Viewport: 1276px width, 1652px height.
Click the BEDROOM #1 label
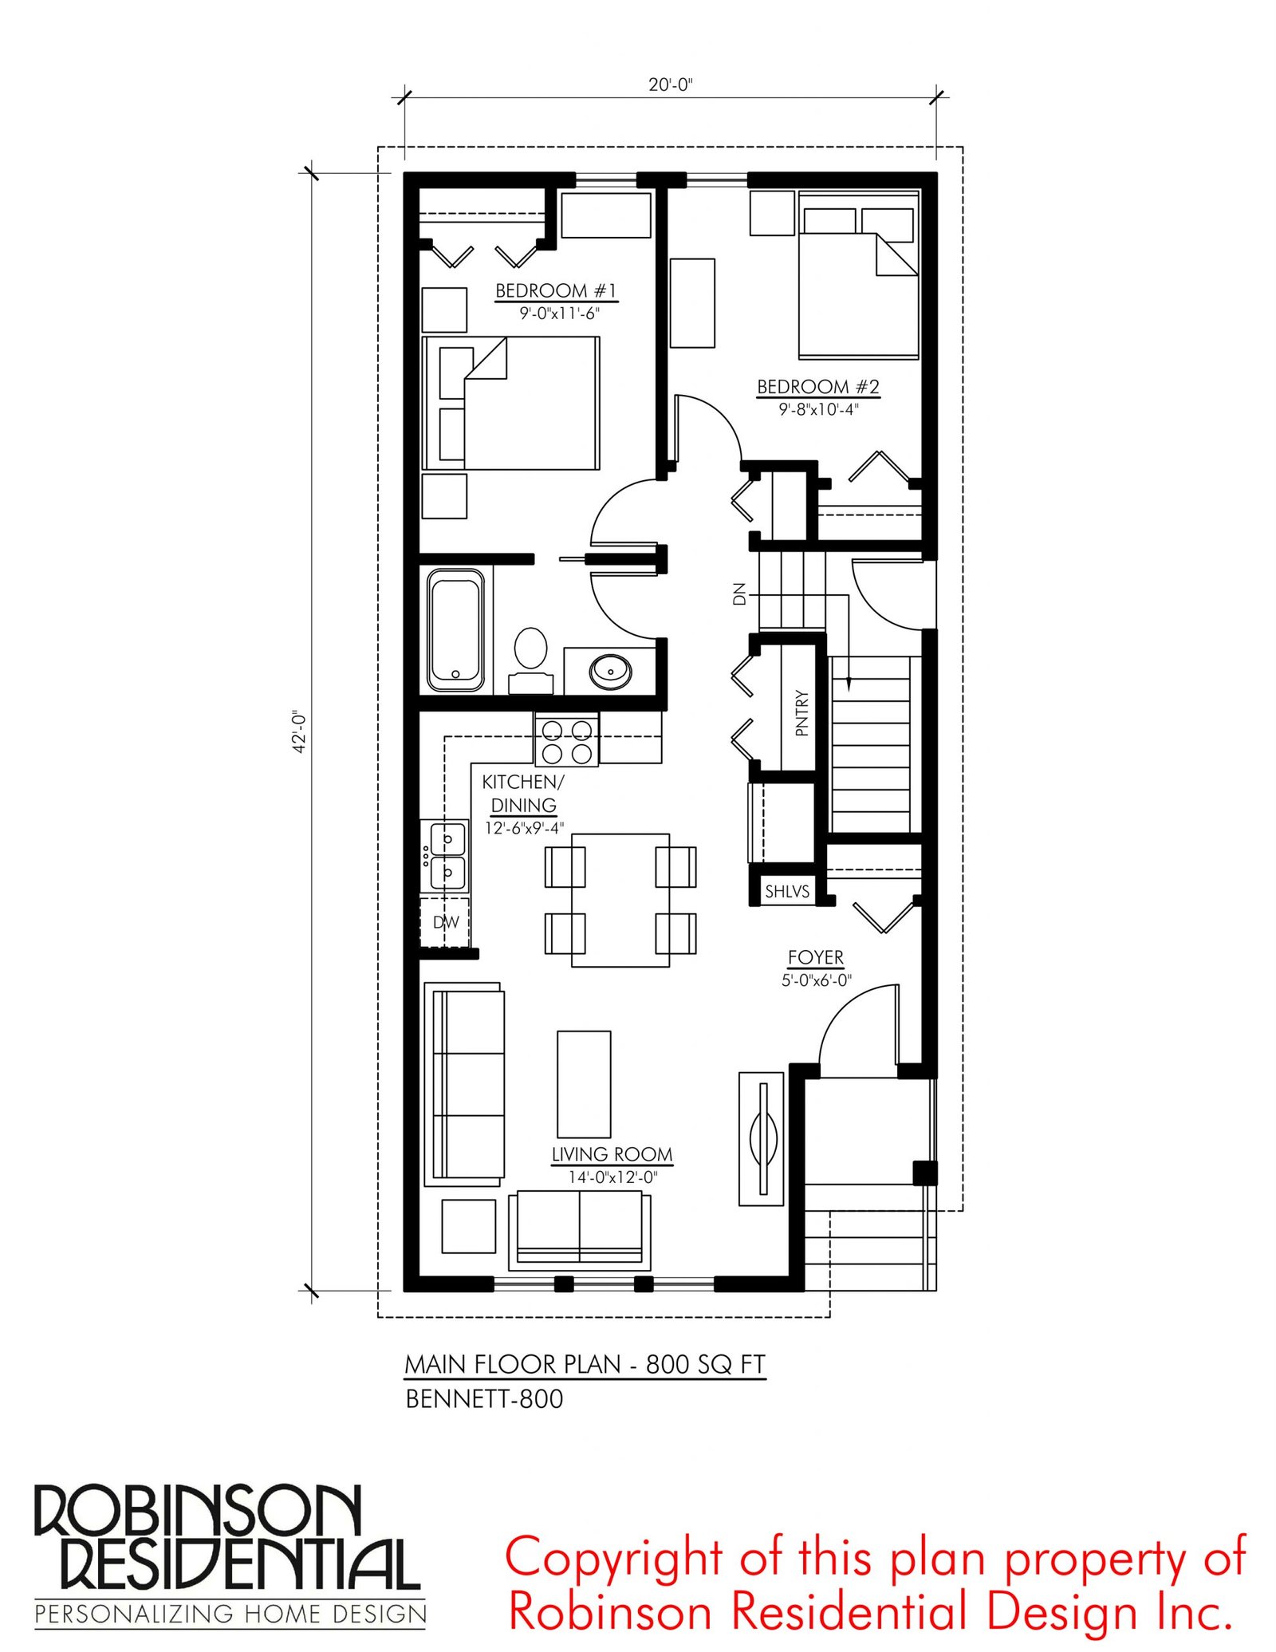click(557, 290)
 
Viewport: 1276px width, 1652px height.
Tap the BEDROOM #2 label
click(818, 387)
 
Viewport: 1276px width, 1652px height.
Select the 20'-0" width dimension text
click(671, 85)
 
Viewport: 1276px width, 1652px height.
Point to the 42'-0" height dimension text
click(299, 731)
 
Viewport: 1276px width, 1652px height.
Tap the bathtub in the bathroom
click(455, 629)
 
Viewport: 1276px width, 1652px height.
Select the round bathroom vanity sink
click(611, 672)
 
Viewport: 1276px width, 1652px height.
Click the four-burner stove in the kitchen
click(567, 741)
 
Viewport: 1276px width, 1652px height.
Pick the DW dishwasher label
click(446, 922)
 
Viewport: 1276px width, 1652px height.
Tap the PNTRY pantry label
click(801, 712)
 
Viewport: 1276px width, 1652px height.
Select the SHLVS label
click(787, 891)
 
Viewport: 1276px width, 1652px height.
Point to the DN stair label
click(739, 593)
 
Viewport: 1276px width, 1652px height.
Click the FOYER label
click(816, 957)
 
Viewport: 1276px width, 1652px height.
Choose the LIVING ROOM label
click(612, 1154)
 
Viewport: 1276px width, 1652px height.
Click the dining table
click(620, 901)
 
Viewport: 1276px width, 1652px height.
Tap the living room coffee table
click(584, 1084)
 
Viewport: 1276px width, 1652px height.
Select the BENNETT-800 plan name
click(484, 1399)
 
